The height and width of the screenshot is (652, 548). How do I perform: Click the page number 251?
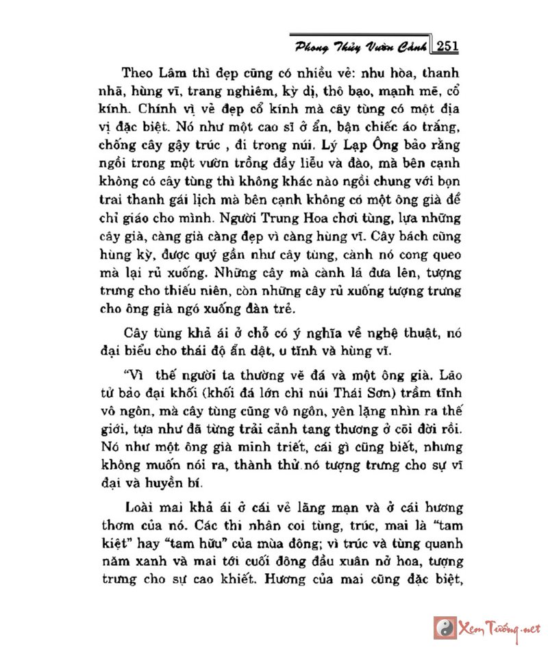coord(446,46)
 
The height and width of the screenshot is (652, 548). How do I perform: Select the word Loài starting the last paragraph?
coord(142,508)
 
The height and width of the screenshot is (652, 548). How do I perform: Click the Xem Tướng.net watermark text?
coord(496,627)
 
